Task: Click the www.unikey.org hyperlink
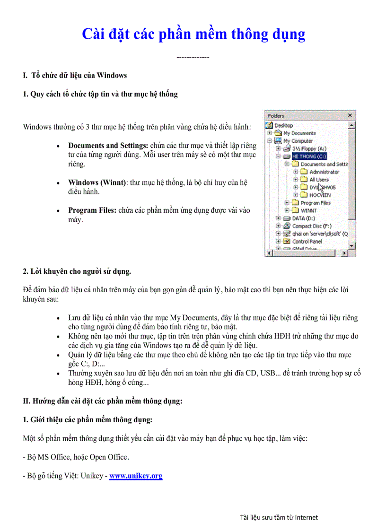point(136,476)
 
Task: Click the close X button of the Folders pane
point(350,115)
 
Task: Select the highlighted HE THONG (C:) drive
point(309,156)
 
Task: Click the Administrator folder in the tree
point(324,172)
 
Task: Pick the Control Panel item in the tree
point(307,241)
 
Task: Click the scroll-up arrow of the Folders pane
point(351,126)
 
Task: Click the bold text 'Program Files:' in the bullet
point(92,210)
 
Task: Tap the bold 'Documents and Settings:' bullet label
point(108,146)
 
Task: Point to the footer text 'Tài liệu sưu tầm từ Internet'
point(279,517)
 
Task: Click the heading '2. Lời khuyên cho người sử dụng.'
point(77,271)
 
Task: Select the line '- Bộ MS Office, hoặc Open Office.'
point(76,457)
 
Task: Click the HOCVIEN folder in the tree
point(320,195)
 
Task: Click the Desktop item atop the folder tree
point(283,126)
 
